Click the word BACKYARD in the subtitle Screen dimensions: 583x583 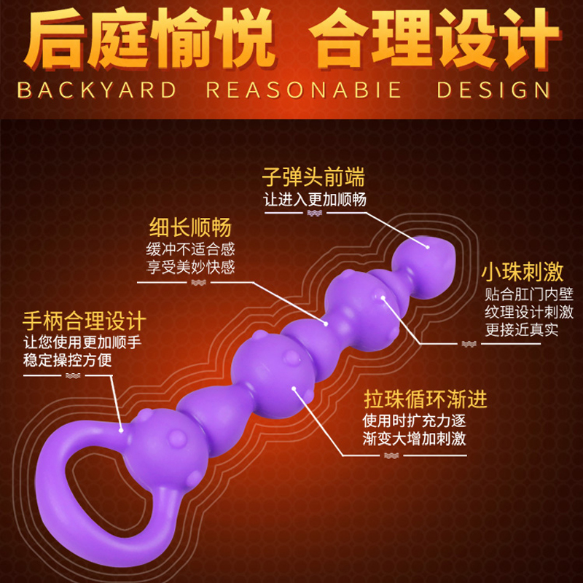click(97, 90)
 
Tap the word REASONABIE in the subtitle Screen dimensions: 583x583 click(304, 90)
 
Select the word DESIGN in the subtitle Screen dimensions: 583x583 click(493, 90)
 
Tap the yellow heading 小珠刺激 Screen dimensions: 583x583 click(523, 273)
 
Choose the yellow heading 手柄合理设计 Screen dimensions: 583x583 click(85, 321)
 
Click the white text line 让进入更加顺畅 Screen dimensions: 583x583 click(314, 199)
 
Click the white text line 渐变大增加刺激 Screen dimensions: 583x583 click(415, 439)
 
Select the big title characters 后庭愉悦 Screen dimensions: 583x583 click(146, 40)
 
